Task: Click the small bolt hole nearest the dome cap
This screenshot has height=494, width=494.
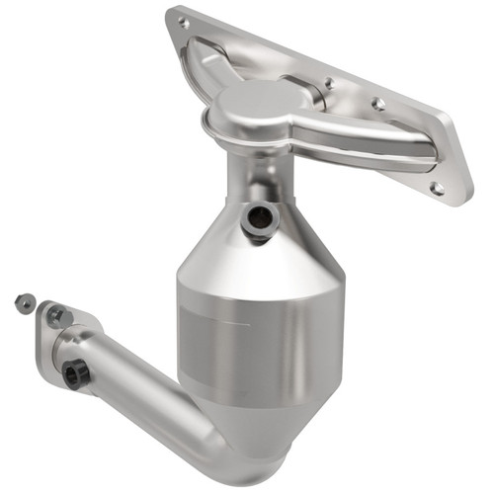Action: tap(328, 85)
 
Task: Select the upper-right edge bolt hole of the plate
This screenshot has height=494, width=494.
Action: tap(378, 102)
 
